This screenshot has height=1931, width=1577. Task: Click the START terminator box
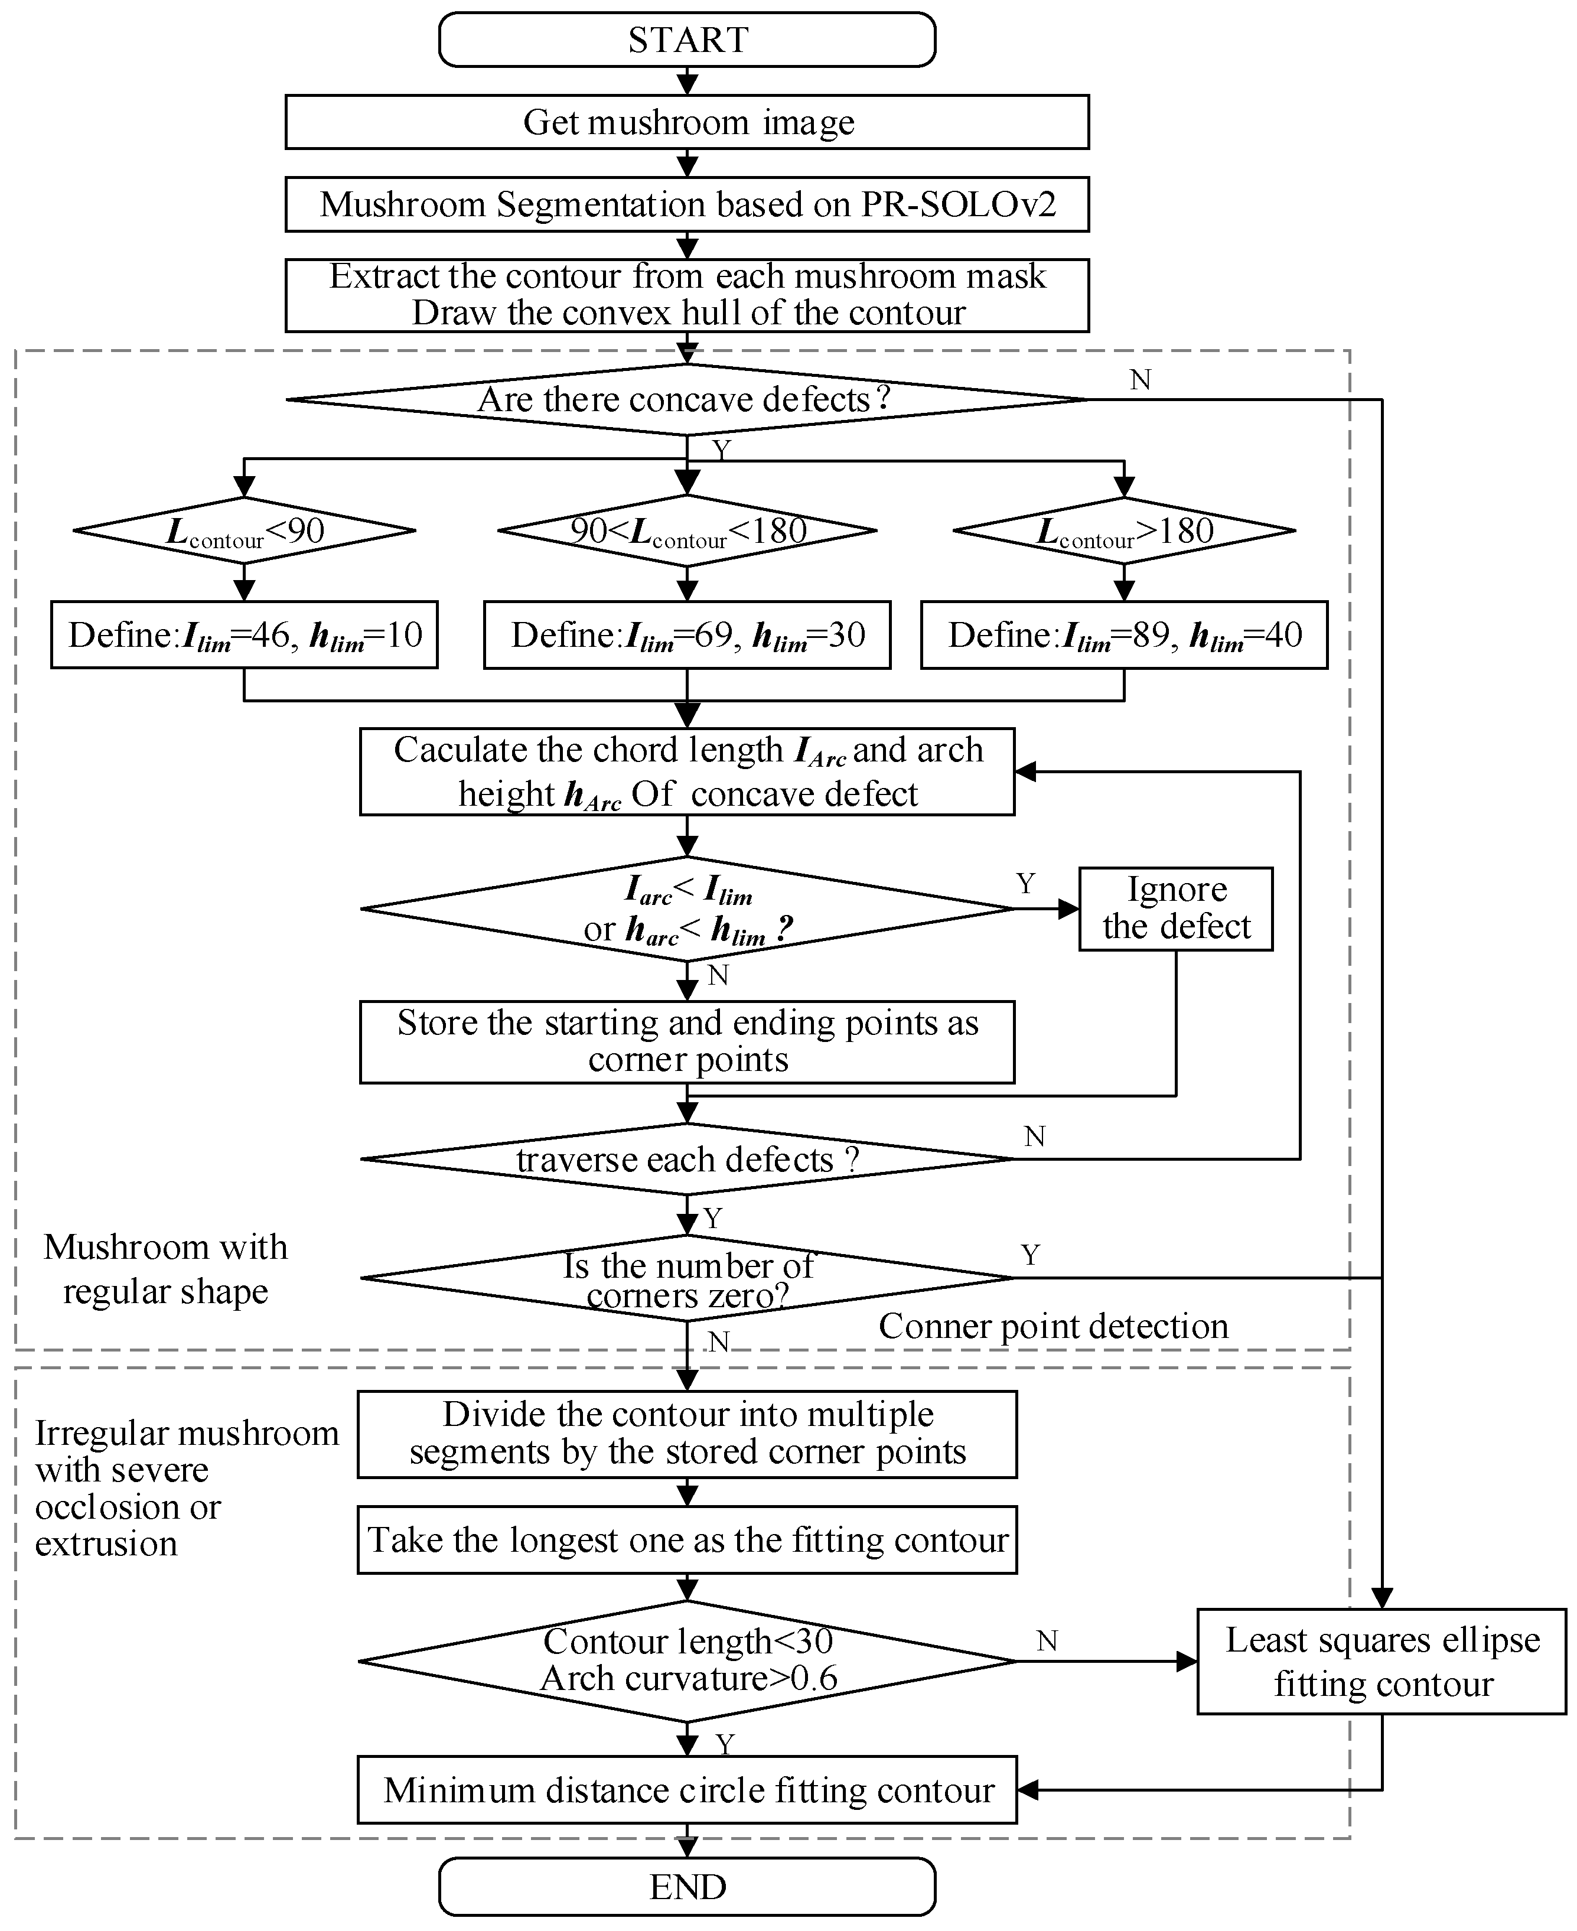pyautogui.click(x=687, y=40)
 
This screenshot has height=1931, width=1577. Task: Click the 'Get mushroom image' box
pyautogui.click(x=687, y=122)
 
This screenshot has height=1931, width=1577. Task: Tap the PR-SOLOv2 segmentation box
pyautogui.click(x=687, y=204)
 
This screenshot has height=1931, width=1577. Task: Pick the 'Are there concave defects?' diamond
pyautogui.click(x=687, y=400)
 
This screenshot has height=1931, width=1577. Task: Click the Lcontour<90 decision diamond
pyautogui.click(x=245, y=530)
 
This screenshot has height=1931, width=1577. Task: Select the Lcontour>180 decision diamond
pyautogui.click(x=1124, y=530)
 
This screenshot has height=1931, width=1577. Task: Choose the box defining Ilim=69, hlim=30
pyautogui.click(x=687, y=635)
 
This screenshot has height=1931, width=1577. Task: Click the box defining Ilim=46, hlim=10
pyautogui.click(x=245, y=635)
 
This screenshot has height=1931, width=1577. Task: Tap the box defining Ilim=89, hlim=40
pyautogui.click(x=1124, y=635)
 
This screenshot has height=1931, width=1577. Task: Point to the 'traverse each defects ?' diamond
pyautogui.click(x=687, y=1159)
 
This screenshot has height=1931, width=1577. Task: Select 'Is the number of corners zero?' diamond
pyautogui.click(x=687, y=1278)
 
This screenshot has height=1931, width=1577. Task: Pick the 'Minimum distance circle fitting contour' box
pyautogui.click(x=687, y=1790)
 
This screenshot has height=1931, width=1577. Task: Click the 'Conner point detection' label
pyautogui.click(x=1053, y=1326)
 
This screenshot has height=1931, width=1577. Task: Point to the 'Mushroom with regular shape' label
pyautogui.click(x=165, y=1269)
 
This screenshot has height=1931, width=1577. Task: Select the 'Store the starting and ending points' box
pyautogui.click(x=687, y=1042)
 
